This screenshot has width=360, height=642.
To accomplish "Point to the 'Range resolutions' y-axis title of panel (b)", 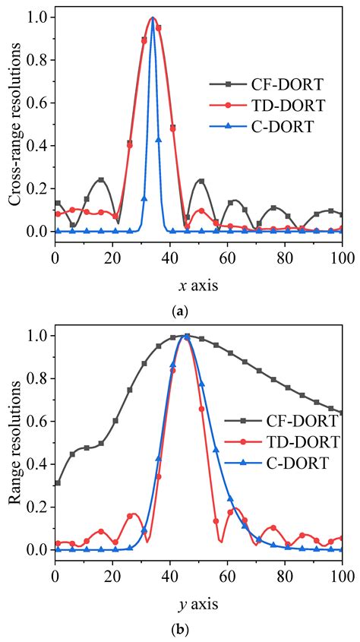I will pyautogui.click(x=14, y=442).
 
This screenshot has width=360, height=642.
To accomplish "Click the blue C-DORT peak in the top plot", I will pyautogui.click(x=153, y=19).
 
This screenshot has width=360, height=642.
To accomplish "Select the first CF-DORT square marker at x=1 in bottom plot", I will pyautogui.click(x=58, y=482).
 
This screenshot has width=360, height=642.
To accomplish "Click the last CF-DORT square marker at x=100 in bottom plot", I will pyautogui.click(x=343, y=413).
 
